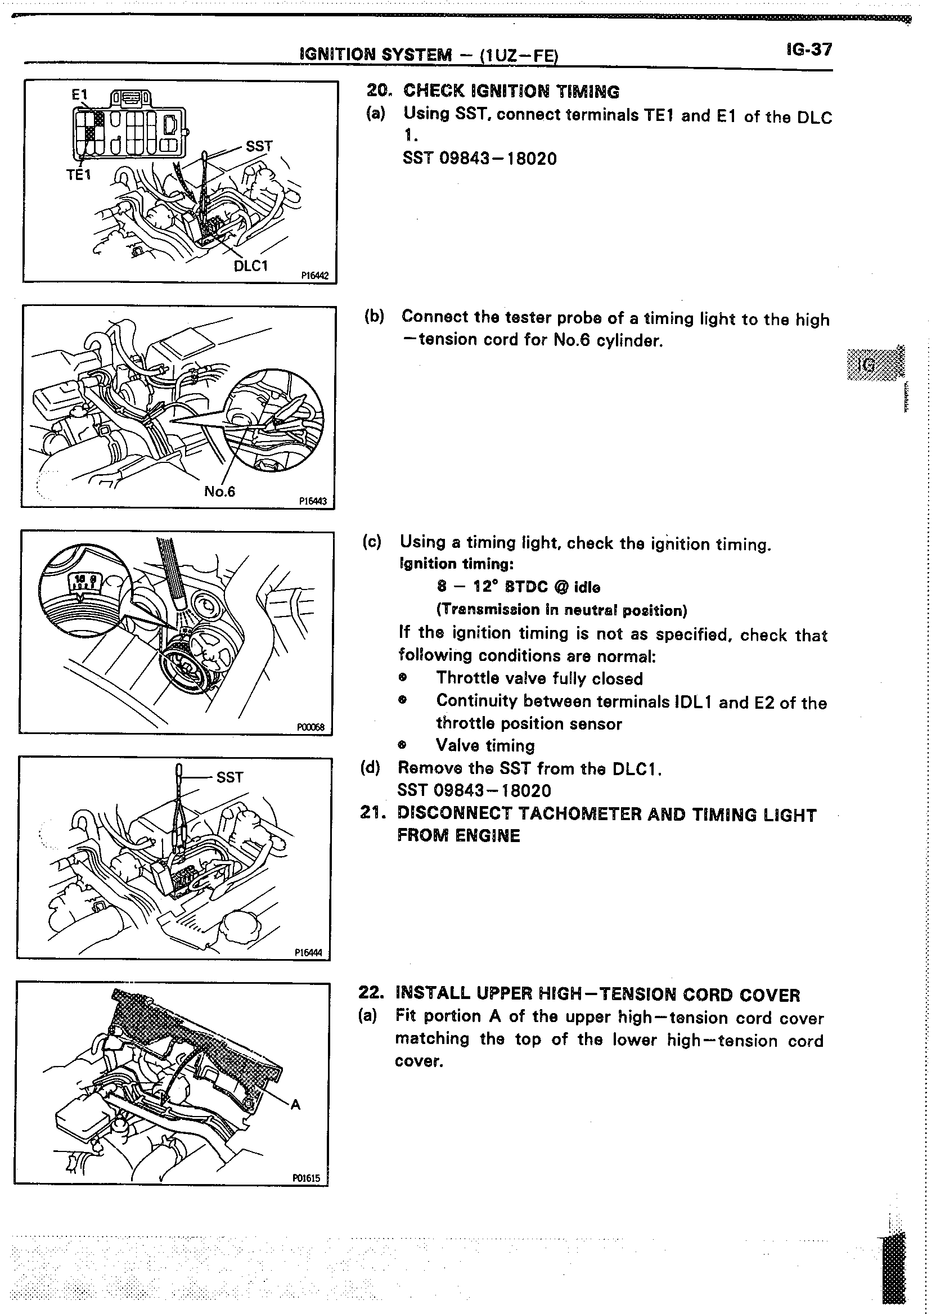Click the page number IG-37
(809, 50)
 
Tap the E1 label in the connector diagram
(79, 95)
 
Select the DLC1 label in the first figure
(251, 266)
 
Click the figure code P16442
(314, 276)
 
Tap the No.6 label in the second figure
(219, 491)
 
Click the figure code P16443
(313, 501)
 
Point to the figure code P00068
(311, 727)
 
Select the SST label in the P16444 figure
(230, 777)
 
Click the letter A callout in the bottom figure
(296, 1104)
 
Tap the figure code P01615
(306, 1178)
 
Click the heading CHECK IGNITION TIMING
(511, 91)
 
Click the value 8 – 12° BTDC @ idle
(519, 587)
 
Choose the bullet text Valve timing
(485, 746)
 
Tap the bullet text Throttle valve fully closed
(539, 678)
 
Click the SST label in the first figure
(259, 146)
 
